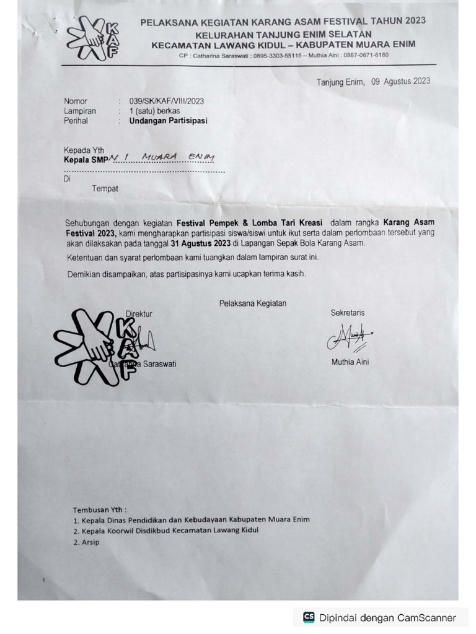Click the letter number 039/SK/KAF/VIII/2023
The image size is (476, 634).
click(166, 101)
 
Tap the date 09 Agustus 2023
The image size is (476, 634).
click(400, 81)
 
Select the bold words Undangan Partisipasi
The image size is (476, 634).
click(168, 121)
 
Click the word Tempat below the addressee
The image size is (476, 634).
click(105, 189)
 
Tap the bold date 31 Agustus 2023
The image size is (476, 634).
click(201, 243)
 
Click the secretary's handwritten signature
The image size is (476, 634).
click(349, 337)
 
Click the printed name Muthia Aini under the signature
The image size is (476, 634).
click(350, 362)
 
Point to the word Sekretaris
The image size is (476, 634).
click(348, 313)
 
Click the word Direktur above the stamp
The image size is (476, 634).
click(139, 314)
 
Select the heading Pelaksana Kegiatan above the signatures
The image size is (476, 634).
click(252, 303)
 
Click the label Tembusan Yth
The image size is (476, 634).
click(99, 510)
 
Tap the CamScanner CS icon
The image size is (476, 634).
click(308, 617)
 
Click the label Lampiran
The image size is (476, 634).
click(80, 111)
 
